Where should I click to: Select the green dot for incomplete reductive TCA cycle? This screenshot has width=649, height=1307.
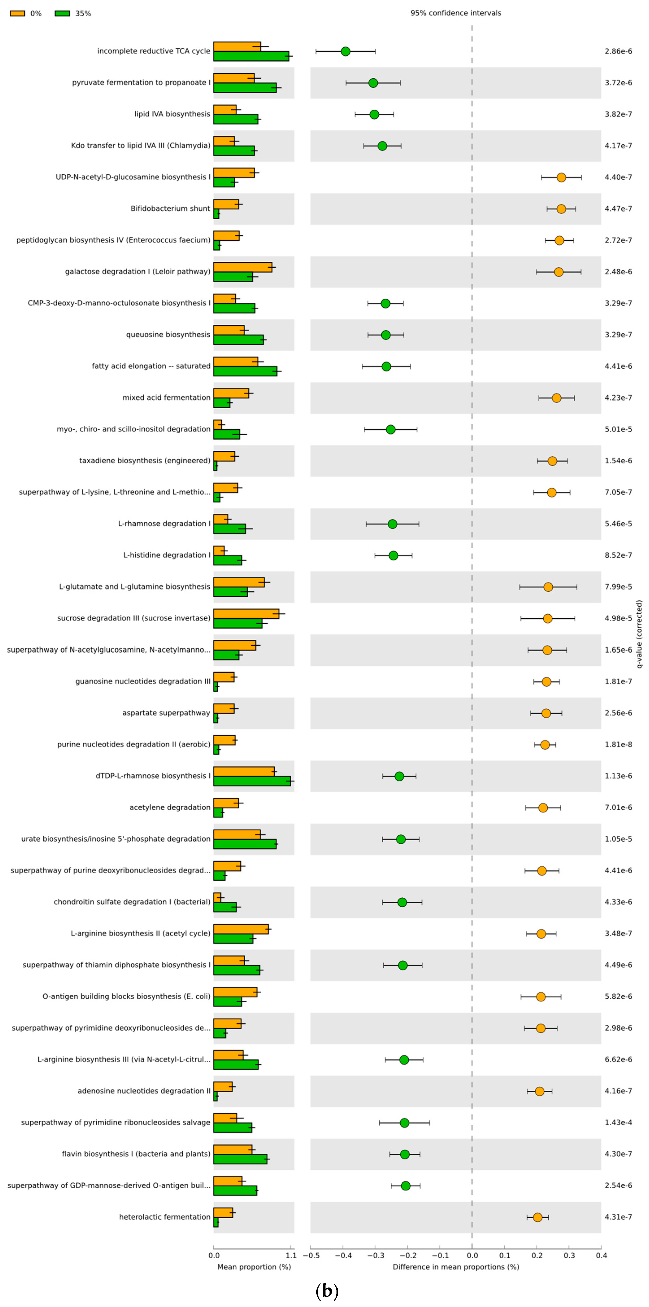pyautogui.click(x=345, y=51)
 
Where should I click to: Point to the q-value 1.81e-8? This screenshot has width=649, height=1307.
pyautogui.click(x=618, y=744)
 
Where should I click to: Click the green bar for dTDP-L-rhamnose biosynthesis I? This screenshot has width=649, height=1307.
pyautogui.click(x=252, y=781)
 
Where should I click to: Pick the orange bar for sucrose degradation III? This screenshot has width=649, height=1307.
pyautogui.click(x=246, y=613)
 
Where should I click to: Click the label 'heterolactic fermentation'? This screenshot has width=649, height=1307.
pyautogui.click(x=164, y=1217)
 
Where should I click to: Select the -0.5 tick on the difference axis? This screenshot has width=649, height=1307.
pyautogui.click(x=311, y=1255)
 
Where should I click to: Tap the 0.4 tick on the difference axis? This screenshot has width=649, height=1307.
pyautogui.click(x=601, y=1255)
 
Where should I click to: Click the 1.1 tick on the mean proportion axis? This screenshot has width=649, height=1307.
pyautogui.click(x=291, y=1255)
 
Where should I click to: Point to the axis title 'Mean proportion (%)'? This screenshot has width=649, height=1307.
pyautogui.click(x=254, y=1267)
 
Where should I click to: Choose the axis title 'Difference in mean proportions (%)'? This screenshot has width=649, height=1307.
pyautogui.click(x=456, y=1267)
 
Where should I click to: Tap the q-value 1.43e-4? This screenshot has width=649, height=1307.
pyautogui.click(x=618, y=1122)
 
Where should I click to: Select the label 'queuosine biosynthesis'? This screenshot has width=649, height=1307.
pyautogui.click(x=168, y=334)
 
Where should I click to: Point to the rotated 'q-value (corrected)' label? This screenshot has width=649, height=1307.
pyautogui.click(x=639, y=634)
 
